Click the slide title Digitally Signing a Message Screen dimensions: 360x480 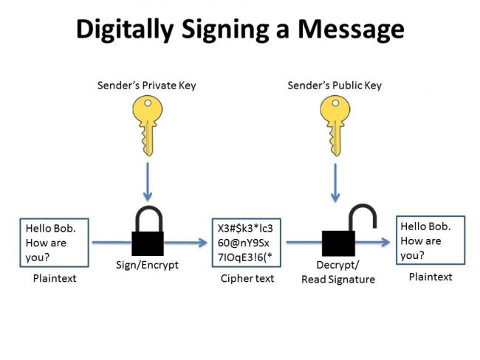(x=240, y=29)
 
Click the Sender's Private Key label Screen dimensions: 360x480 (x=147, y=86)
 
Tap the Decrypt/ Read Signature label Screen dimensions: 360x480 (x=337, y=273)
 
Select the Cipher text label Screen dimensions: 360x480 (x=247, y=278)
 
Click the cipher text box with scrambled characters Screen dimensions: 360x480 (x=247, y=242)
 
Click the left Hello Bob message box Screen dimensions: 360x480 (x=54, y=242)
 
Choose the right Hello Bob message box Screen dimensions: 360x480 (x=431, y=240)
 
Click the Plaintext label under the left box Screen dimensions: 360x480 (x=54, y=278)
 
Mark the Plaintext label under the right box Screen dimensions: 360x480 (x=431, y=277)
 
